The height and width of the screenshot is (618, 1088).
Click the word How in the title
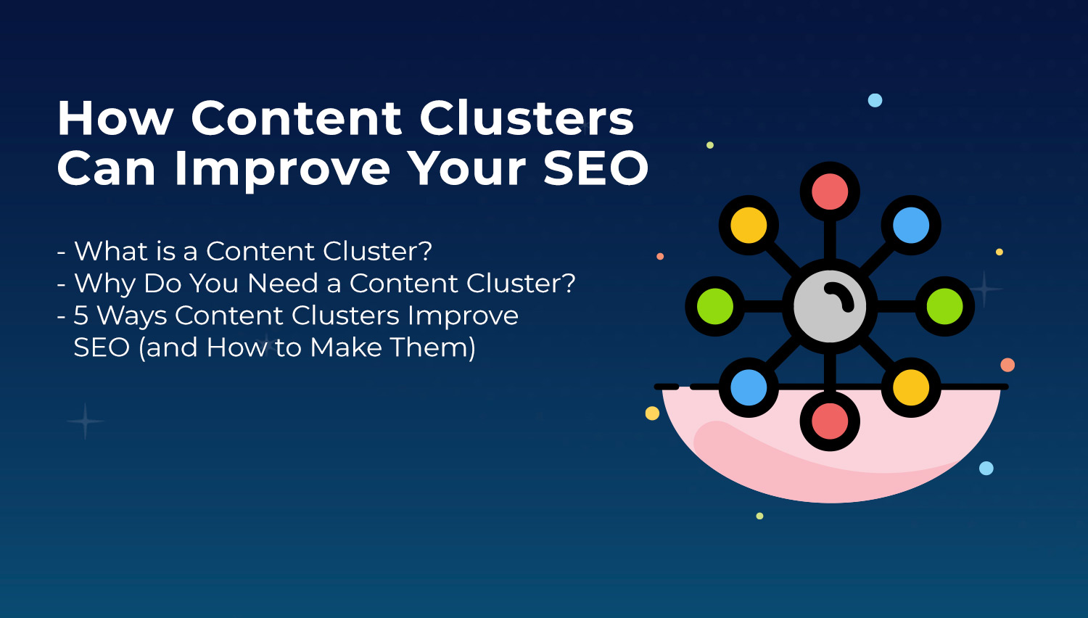tap(115, 118)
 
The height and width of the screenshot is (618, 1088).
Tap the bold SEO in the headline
tap(596, 168)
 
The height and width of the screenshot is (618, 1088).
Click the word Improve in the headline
tap(282, 170)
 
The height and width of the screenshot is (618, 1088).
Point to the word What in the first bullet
tap(111, 251)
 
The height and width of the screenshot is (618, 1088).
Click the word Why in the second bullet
tap(104, 284)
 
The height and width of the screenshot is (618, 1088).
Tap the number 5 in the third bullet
tap(81, 316)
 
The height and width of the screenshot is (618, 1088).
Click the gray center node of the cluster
tap(830, 306)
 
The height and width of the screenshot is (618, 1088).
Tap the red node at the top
tap(830, 191)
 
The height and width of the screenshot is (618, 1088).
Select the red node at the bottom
tap(830, 421)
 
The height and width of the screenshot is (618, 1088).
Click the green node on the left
tap(715, 306)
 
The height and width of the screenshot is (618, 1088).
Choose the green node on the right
tap(944, 306)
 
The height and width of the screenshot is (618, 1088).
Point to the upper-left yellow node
tap(749, 225)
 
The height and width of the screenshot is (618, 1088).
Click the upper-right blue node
tap(911, 225)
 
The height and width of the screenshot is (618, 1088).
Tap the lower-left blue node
tap(749, 387)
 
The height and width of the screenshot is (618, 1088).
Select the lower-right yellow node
tap(911, 387)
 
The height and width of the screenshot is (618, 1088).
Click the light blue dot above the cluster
tap(875, 101)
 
